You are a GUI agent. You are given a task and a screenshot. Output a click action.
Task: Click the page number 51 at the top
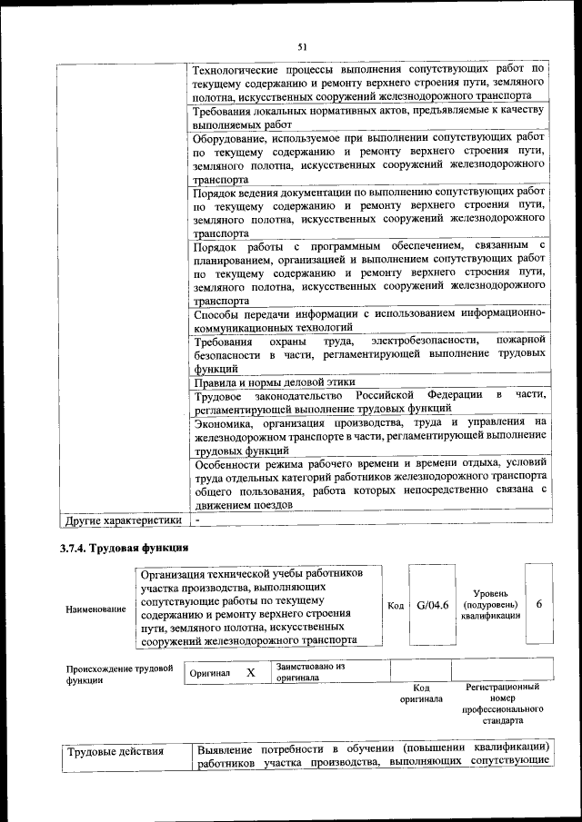tap(303, 46)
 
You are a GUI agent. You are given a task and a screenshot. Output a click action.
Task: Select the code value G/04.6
tap(433, 606)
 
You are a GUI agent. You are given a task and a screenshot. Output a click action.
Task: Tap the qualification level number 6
tap(539, 606)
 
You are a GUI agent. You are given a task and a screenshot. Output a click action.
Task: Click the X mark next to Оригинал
tap(250, 673)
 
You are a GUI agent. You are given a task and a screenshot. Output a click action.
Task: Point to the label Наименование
tap(96, 608)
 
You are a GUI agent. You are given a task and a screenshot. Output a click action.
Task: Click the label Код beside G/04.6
tap(396, 606)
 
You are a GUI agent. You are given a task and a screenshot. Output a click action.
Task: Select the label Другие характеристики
tap(121, 520)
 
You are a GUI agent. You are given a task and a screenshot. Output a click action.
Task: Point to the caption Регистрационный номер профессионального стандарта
tap(502, 704)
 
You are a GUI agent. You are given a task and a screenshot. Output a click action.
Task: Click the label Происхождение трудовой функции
tap(119, 673)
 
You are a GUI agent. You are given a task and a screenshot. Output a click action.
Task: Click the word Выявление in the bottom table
tap(227, 748)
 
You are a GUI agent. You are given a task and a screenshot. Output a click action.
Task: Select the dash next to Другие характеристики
tap(197, 520)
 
